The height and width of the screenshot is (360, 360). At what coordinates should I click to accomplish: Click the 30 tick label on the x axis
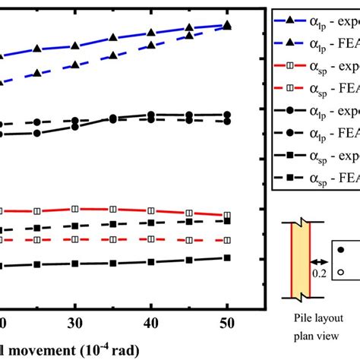[74, 321]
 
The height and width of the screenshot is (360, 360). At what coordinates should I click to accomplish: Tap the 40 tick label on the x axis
[151, 321]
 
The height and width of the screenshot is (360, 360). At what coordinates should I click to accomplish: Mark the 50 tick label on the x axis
[228, 321]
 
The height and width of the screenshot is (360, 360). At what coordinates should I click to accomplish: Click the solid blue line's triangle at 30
[74, 46]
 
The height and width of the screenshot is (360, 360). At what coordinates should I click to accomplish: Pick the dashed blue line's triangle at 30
[74, 65]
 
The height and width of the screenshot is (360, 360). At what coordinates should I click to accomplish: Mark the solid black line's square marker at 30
[74, 264]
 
